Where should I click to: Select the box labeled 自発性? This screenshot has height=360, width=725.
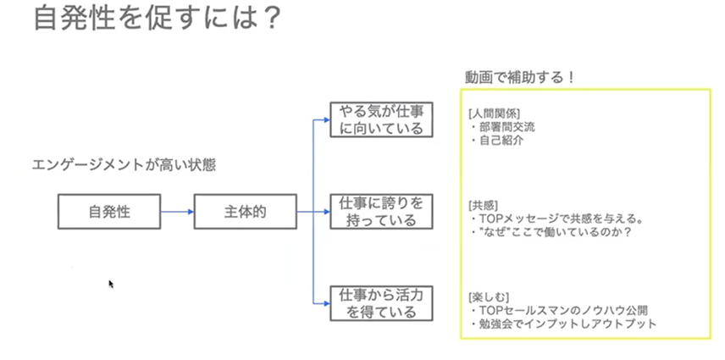(108, 211)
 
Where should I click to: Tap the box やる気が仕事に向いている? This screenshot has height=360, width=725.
(380, 119)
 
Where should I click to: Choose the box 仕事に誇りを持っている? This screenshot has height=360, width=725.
(380, 212)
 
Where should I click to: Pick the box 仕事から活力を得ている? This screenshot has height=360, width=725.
(380, 303)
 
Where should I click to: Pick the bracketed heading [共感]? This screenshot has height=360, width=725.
(483, 205)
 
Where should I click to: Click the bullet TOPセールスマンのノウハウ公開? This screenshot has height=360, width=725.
(562, 311)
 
